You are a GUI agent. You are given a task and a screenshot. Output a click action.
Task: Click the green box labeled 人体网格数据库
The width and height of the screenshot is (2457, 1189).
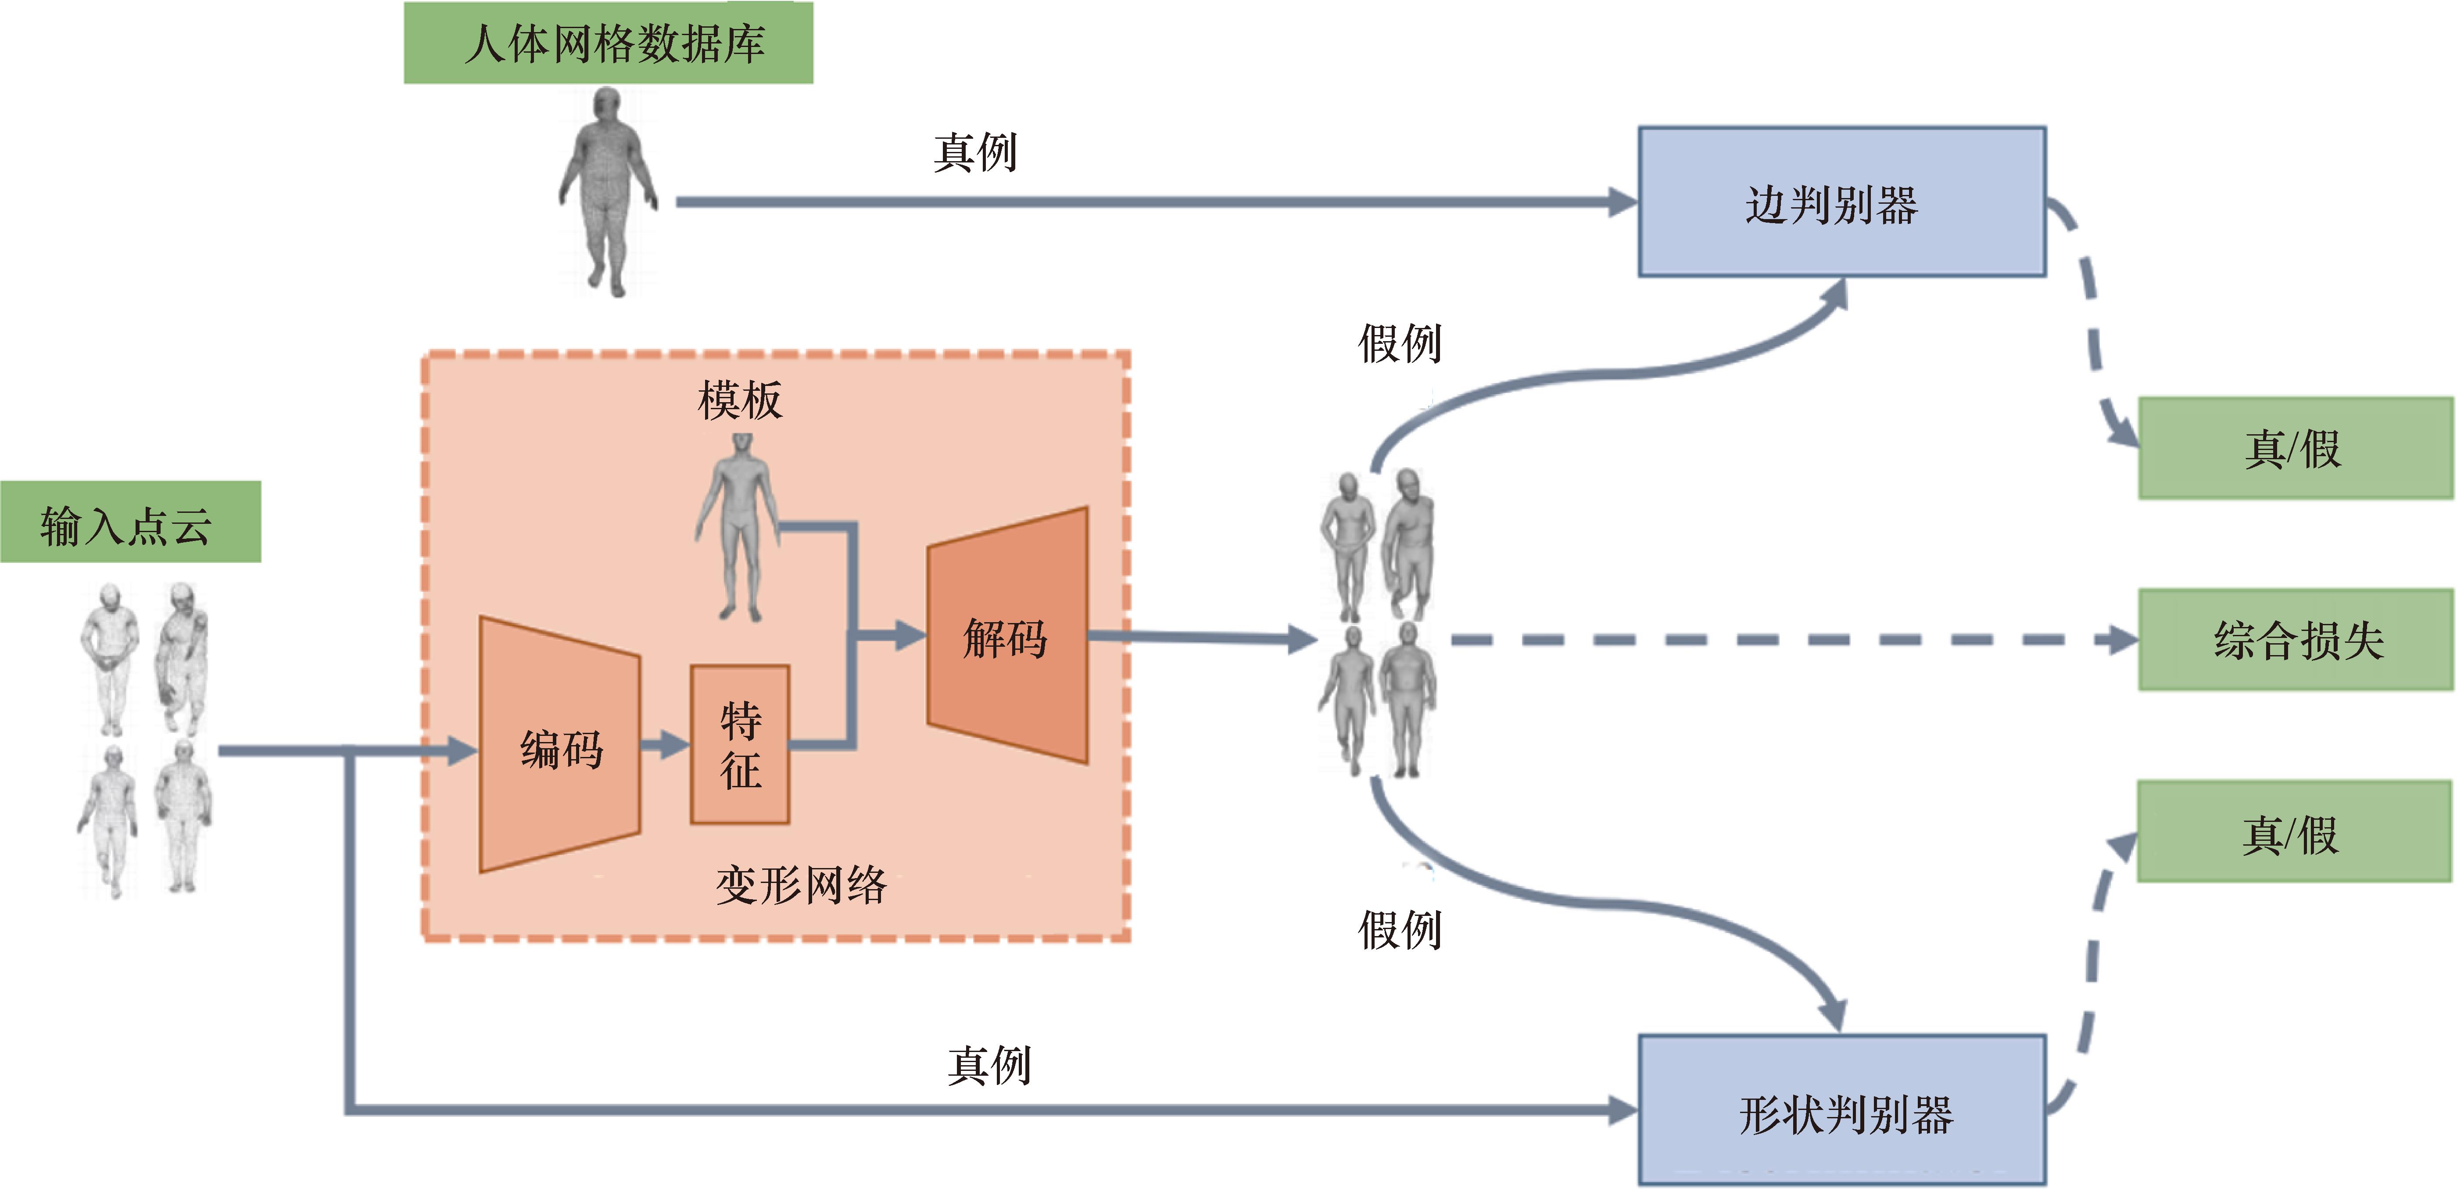[x=609, y=43]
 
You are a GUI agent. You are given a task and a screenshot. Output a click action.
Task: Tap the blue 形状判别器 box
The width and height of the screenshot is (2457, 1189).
[x=1842, y=1110]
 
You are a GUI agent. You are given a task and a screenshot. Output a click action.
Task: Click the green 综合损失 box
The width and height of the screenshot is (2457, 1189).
[x=2296, y=639]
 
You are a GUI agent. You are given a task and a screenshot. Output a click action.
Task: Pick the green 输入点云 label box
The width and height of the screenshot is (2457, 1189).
[x=131, y=522]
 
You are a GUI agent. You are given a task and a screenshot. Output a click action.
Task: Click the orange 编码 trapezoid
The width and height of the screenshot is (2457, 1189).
[x=560, y=744]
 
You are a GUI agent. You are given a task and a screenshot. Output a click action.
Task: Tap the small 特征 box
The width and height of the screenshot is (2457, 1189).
[x=740, y=744]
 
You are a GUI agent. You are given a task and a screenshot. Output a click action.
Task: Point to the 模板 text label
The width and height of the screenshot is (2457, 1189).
[x=740, y=400]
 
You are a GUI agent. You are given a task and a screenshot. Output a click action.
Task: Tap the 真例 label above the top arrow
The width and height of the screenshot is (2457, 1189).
[x=975, y=152]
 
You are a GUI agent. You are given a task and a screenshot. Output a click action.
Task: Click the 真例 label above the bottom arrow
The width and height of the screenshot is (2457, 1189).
[x=989, y=1065]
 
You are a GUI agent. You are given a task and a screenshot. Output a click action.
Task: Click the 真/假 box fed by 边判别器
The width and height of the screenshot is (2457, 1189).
[x=2296, y=448]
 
